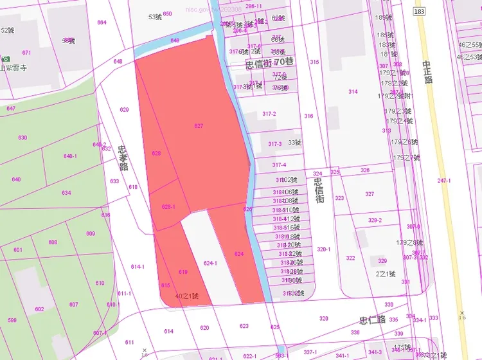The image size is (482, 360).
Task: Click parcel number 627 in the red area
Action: tap(199, 126)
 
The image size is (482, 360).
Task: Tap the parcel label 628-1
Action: tap(168, 206)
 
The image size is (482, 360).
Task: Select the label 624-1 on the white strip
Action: tap(210, 263)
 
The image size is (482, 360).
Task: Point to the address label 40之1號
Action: tap(186, 296)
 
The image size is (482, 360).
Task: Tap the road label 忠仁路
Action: tap(372, 319)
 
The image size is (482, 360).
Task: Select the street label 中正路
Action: tap(427, 72)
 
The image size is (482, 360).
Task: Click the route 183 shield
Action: tap(420, 12)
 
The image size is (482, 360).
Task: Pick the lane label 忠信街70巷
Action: tap(269, 63)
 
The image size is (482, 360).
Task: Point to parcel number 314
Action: tap(353, 92)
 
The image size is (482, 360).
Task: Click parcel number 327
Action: tap(370, 194)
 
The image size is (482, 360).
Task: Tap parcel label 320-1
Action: tap(323, 249)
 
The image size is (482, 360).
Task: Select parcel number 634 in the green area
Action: tap(66, 193)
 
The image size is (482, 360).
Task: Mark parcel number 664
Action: tap(102, 22)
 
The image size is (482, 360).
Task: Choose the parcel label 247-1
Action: tap(444, 181)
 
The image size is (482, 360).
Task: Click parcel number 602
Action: tap(39, 309)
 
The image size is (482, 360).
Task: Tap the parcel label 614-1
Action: tap(138, 267)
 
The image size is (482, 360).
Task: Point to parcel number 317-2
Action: tap(269, 114)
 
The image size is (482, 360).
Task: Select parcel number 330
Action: tap(389, 305)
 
